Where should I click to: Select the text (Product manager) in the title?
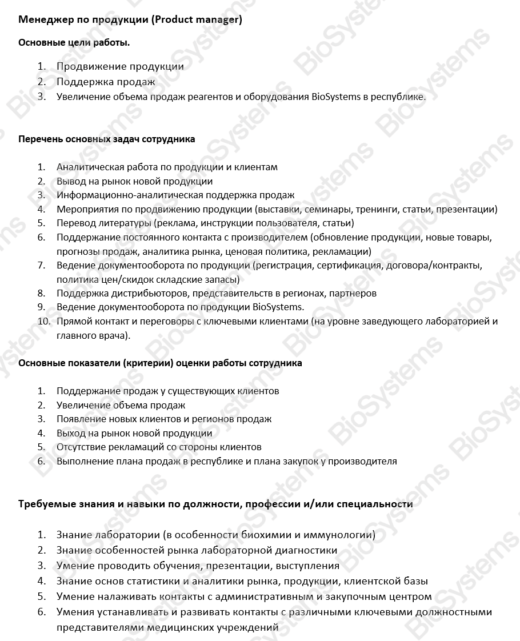[197, 20]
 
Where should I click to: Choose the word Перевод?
[74, 223]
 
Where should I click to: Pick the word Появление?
[81, 419]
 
